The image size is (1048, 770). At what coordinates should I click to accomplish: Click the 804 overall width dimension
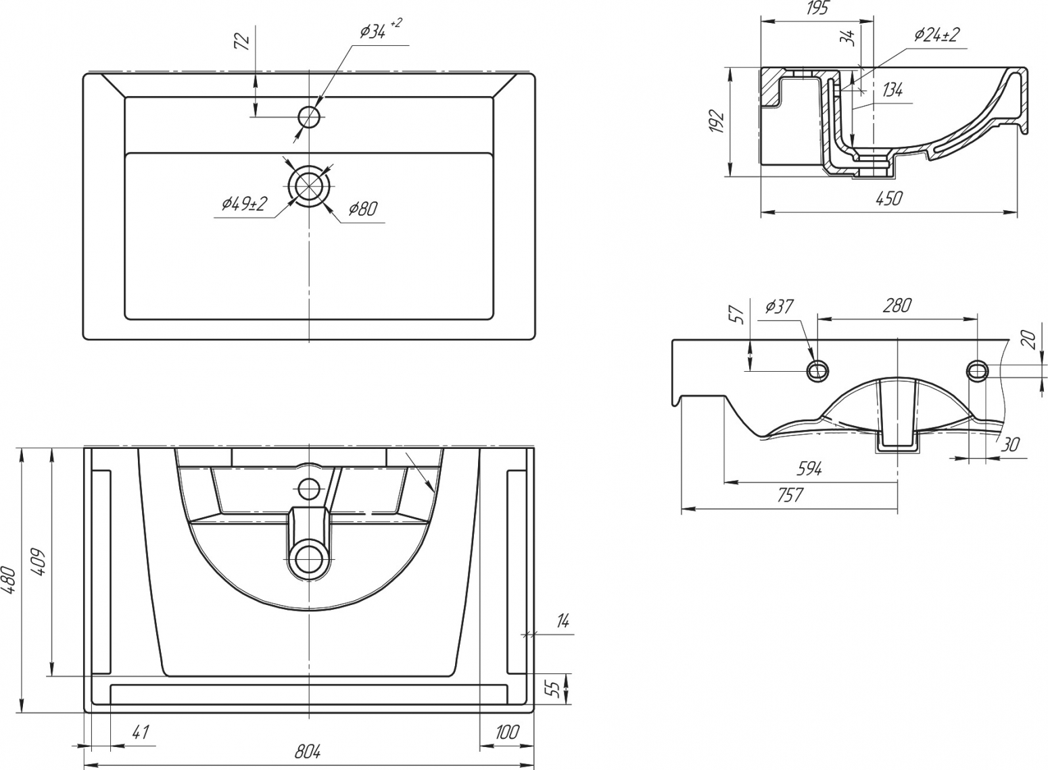(308, 752)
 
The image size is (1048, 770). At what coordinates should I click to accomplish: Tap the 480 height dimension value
(10, 579)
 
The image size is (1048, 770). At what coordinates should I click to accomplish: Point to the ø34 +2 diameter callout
(381, 30)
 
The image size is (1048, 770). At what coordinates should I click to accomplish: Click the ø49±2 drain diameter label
(244, 203)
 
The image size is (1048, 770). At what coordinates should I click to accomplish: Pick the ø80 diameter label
(362, 209)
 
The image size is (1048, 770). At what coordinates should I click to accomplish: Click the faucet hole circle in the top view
(309, 116)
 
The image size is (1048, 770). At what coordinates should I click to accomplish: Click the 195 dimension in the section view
(817, 9)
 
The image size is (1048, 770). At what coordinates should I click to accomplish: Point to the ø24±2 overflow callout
(937, 34)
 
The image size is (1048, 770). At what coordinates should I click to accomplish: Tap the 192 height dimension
(717, 121)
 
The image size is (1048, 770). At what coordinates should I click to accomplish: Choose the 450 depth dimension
(888, 198)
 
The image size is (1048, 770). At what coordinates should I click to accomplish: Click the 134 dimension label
(892, 90)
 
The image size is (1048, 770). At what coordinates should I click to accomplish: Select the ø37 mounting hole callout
(780, 306)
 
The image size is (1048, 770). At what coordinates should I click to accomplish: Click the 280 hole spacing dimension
(897, 306)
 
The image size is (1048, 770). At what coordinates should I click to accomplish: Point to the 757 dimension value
(790, 495)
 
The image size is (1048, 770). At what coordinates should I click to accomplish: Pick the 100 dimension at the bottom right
(506, 731)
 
